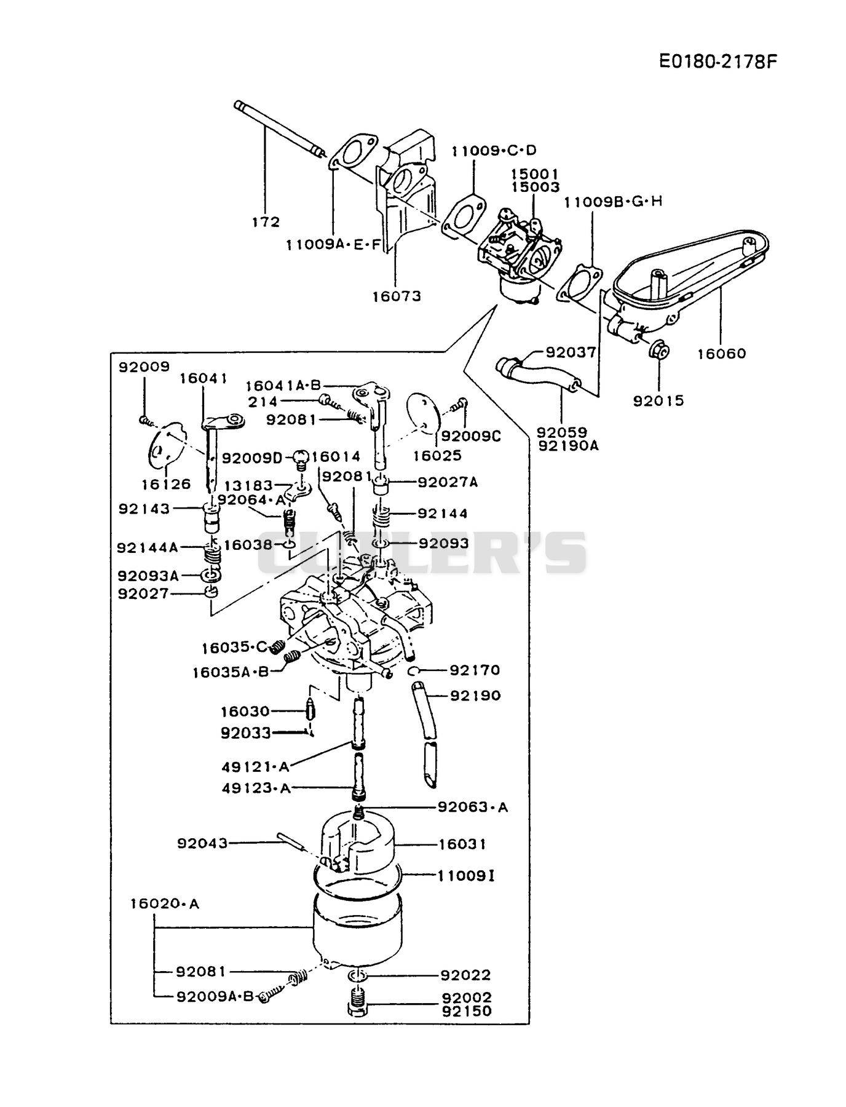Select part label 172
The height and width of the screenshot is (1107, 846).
(266, 221)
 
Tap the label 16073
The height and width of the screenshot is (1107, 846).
(397, 296)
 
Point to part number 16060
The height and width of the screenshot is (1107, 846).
(722, 353)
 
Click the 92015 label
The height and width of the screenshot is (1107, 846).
(658, 400)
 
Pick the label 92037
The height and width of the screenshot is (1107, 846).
(571, 352)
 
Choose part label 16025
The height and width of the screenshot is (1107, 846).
(437, 456)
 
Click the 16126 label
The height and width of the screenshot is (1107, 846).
(167, 484)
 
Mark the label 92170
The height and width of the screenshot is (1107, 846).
(475, 670)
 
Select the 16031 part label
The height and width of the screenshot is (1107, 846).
(462, 844)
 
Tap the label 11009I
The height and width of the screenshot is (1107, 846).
(466, 875)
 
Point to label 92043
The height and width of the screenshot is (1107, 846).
(202, 843)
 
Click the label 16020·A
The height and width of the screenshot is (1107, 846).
(165, 903)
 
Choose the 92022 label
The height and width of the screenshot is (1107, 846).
(466, 975)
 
